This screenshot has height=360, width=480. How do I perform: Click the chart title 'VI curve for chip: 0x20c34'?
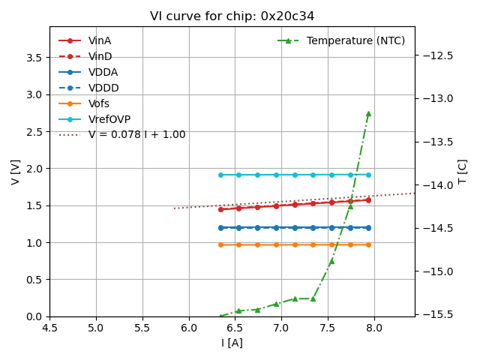[232, 16]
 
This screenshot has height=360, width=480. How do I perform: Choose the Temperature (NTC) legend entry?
[355, 40]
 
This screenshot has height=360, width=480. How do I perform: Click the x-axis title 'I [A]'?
[232, 343]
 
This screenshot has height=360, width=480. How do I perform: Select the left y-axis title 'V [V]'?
[16, 172]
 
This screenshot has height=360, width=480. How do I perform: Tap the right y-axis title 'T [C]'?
[463, 172]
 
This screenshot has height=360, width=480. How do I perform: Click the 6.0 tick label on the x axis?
[188, 328]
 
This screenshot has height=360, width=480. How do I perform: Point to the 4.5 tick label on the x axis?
[49, 328]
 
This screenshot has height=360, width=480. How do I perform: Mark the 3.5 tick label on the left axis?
[34, 58]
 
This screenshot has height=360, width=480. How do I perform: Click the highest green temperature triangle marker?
[368, 113]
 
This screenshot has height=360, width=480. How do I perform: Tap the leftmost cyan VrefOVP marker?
[220, 175]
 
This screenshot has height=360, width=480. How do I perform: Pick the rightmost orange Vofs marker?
[368, 244]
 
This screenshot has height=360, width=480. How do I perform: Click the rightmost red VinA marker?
[368, 200]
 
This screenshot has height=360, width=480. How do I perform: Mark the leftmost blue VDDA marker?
[220, 227]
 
